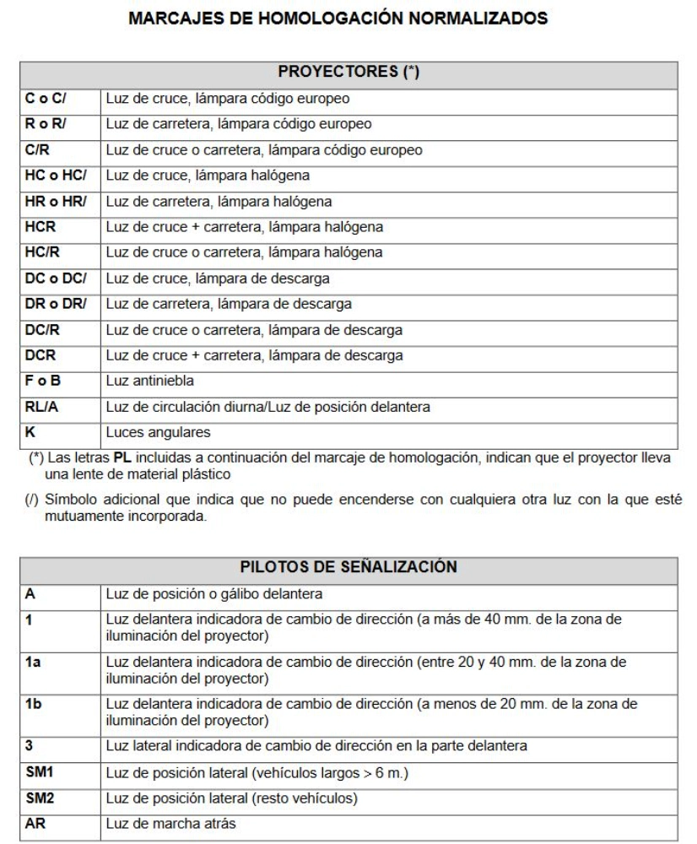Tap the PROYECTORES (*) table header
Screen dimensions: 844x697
349,73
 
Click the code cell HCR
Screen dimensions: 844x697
37,227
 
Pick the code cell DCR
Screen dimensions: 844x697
37,355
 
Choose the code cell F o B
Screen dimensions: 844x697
39,381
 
